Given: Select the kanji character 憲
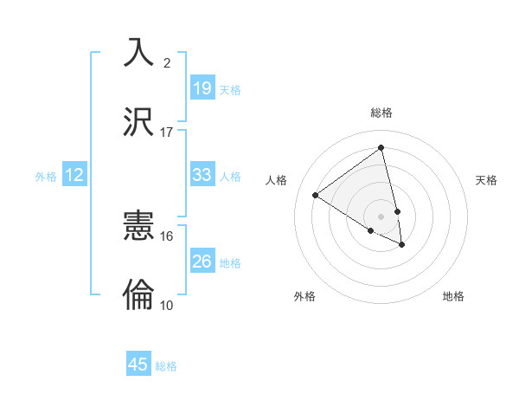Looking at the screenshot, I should (139, 227).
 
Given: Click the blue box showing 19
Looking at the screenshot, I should (202, 87).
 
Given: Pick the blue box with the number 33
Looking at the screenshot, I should (202, 175).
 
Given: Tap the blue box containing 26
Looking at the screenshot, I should (202, 261).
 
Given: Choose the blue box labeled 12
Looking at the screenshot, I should (74, 175).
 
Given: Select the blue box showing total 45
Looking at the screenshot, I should (138, 365).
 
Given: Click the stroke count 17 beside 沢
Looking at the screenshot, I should (167, 132).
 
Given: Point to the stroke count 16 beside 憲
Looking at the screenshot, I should (167, 236).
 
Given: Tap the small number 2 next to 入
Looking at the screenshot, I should (167, 62).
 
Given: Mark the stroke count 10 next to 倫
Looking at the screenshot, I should (167, 305).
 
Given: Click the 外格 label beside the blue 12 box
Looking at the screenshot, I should (46, 177).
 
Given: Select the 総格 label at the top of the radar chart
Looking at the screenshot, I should (381, 113).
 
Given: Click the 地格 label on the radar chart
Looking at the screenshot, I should (453, 296).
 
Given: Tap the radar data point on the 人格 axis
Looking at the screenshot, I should (315, 195).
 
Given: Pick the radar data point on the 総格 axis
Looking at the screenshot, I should (381, 147).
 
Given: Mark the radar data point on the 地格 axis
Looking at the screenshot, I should (402, 245).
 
